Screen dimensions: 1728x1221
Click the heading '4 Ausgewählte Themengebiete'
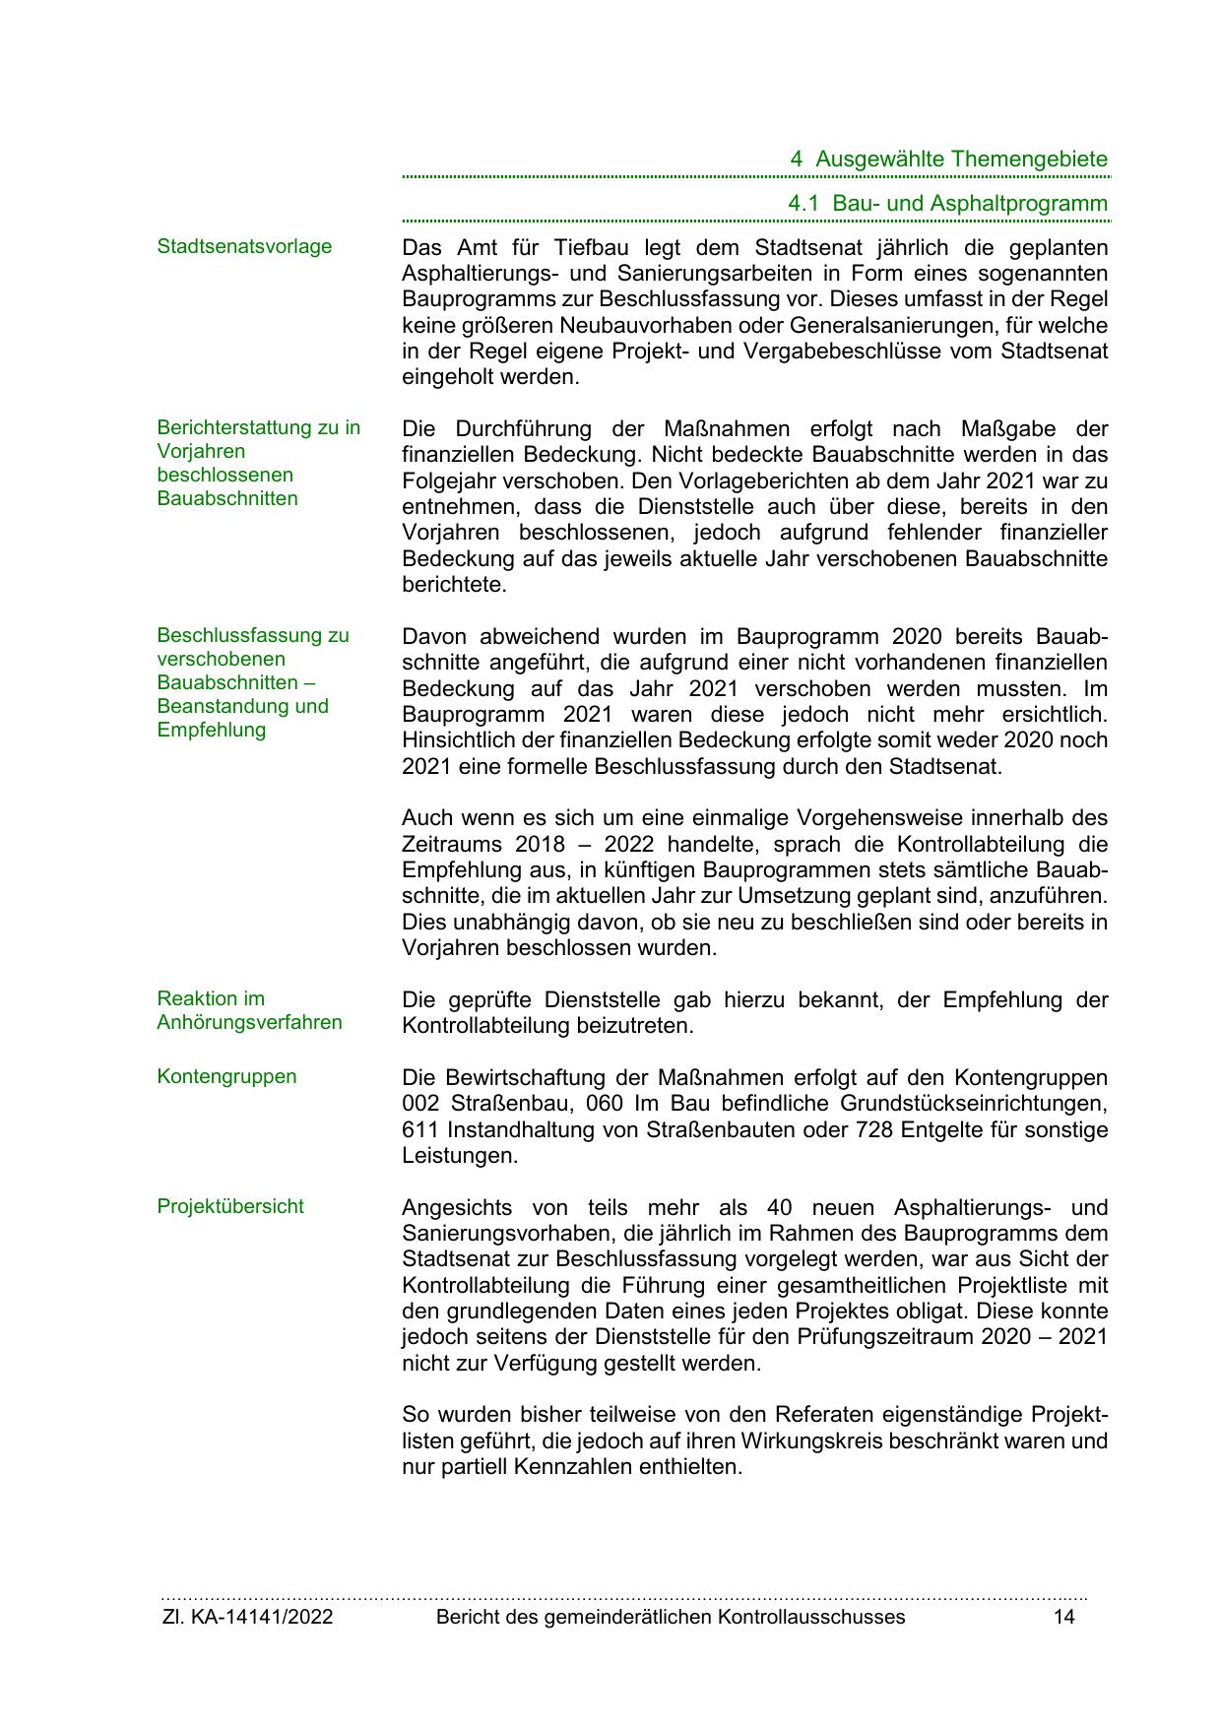point(949,160)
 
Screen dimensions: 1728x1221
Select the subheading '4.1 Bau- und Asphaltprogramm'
point(947,204)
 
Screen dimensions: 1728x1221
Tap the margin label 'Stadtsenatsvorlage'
point(244,246)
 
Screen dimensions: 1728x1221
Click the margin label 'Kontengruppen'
point(226,1076)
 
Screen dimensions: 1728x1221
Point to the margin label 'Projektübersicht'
point(230,1206)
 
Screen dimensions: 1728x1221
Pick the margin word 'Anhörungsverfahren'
point(249,1022)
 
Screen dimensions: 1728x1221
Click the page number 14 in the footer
point(1063,1617)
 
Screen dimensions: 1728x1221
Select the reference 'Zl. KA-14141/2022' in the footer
point(247,1617)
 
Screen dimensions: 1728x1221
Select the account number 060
point(605,1104)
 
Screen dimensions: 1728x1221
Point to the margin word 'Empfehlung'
point(212,730)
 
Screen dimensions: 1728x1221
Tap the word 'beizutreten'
point(632,1026)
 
